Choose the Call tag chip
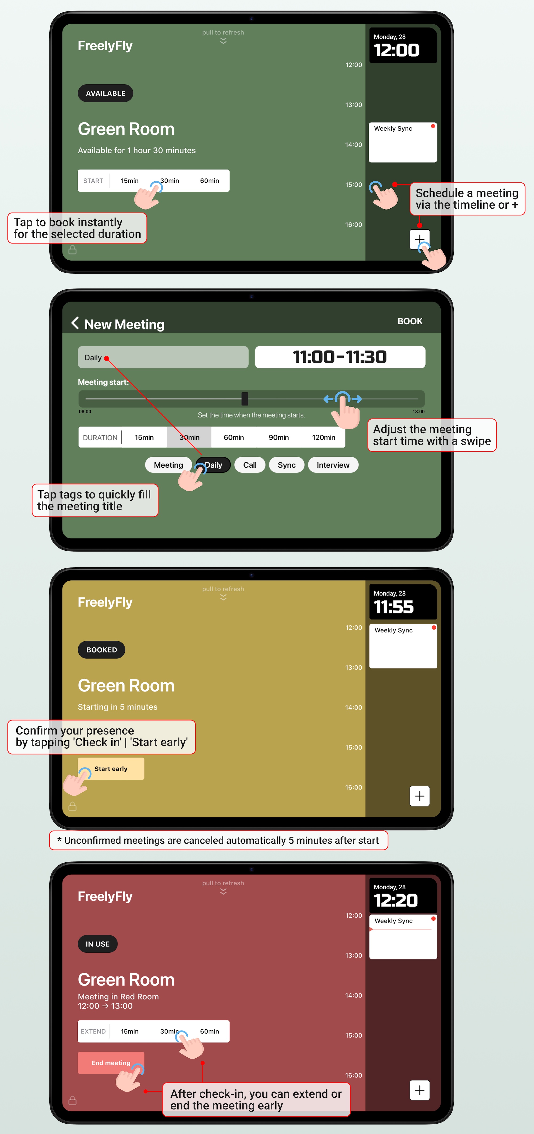tap(250, 465)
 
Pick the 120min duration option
tap(324, 437)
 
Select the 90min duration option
tap(279, 437)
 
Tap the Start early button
tap(111, 769)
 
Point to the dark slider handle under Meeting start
tap(245, 399)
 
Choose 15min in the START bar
tap(129, 181)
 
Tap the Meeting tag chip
tap(168, 465)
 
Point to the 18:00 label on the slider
tap(418, 412)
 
